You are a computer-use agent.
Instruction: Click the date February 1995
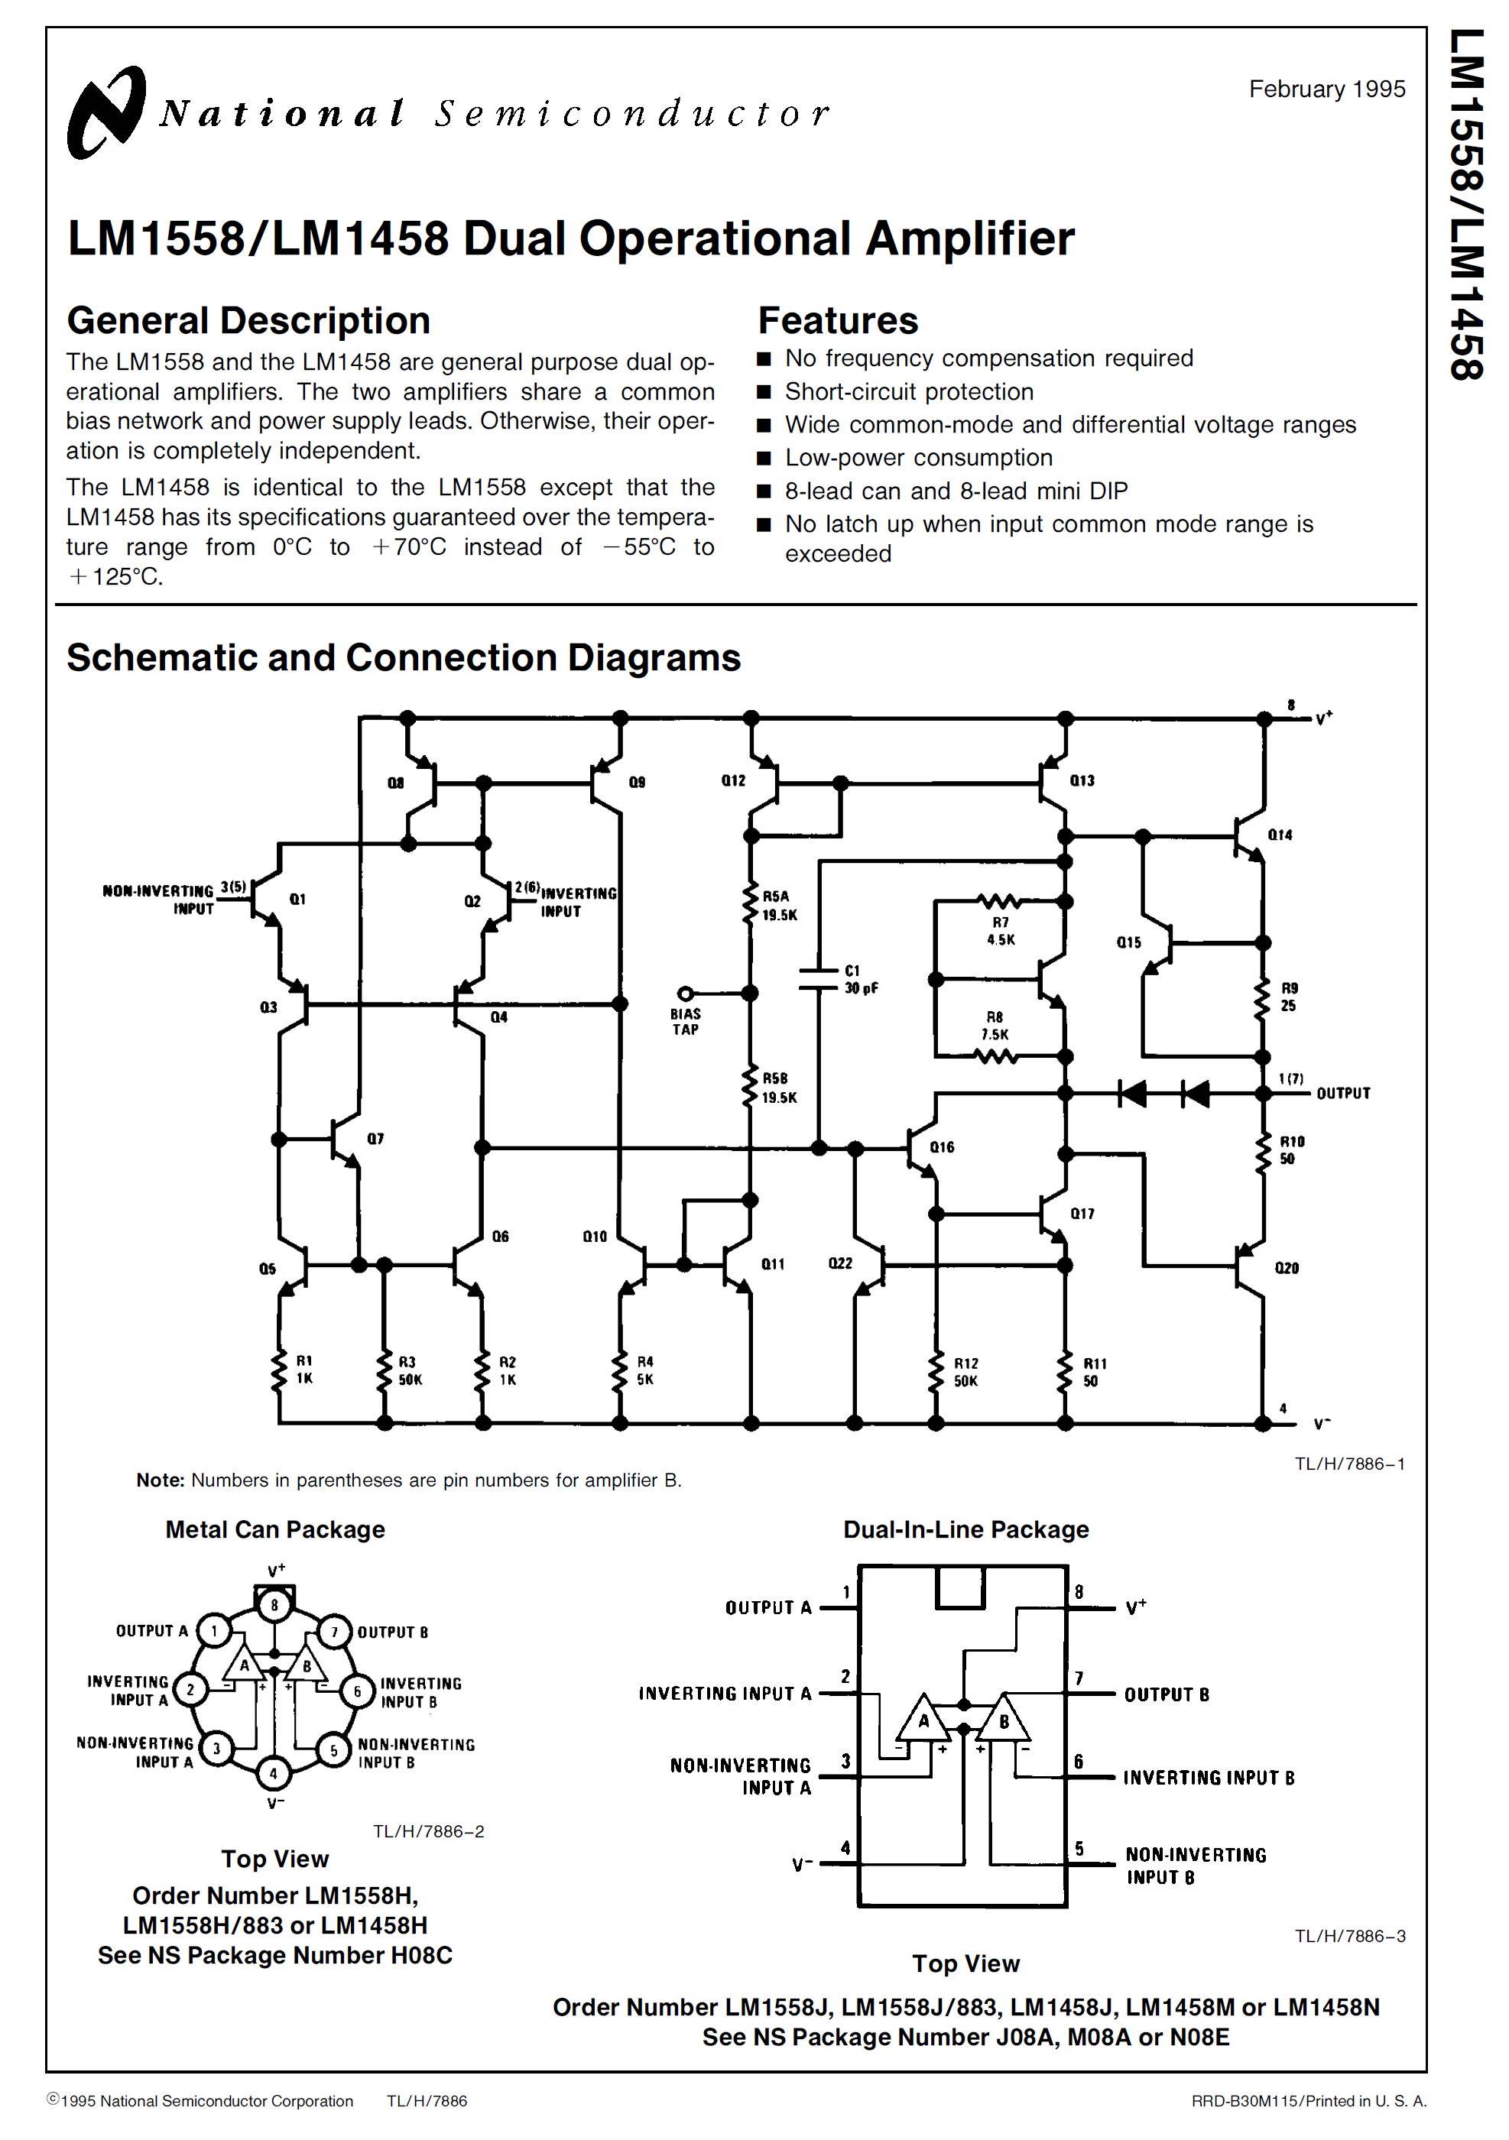(1326, 89)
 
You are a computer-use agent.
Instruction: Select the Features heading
(837, 321)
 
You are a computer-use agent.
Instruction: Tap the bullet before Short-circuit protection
(764, 392)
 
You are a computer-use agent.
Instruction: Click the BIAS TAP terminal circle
(685, 994)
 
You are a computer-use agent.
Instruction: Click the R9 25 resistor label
(1288, 997)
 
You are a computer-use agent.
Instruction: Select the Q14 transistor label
(1280, 835)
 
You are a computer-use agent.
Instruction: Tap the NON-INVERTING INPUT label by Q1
(158, 900)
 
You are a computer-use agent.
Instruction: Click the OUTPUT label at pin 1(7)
(1342, 1093)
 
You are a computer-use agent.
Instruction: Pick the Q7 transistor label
(375, 1139)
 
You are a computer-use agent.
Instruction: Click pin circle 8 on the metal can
(274, 1605)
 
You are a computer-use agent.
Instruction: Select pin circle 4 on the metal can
(274, 1773)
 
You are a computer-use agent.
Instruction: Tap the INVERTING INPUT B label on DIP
(1208, 1778)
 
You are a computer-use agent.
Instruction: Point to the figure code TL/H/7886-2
(429, 1831)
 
